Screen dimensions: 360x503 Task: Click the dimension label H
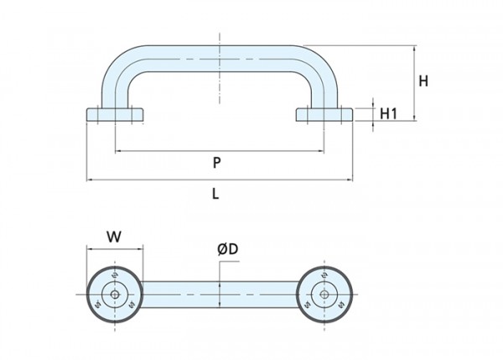pos(424,81)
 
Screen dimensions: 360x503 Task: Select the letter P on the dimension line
pos(216,162)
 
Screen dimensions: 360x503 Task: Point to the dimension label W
pos(115,236)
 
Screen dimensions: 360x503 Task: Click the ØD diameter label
pos(228,249)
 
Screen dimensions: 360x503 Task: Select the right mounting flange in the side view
pos(324,114)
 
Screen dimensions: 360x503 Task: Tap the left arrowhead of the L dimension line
pos(90,180)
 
